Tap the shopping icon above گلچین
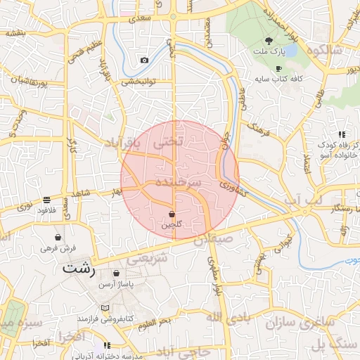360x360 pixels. [x=172, y=214]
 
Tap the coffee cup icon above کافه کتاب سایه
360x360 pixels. [x=278, y=69]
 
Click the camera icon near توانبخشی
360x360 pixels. [x=144, y=60]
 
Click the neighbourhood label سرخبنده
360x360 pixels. [x=178, y=181]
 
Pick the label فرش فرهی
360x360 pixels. [x=57, y=248]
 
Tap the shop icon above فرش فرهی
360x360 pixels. [x=57, y=238]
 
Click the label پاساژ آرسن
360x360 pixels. [x=115, y=284]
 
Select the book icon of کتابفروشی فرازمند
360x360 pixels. [x=105, y=309]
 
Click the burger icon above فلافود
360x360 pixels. [x=46, y=200]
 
